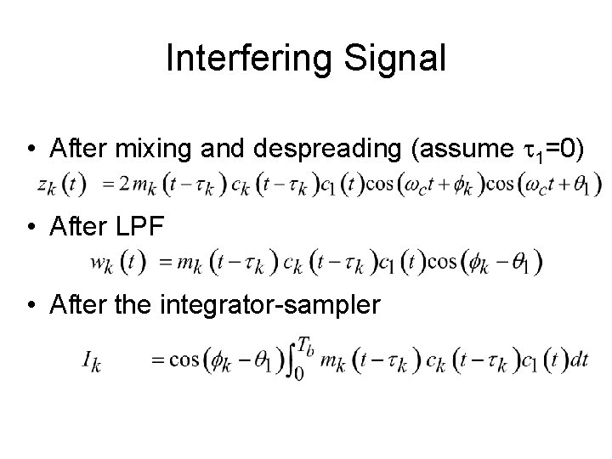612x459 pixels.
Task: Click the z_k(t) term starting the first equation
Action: click(x=62, y=184)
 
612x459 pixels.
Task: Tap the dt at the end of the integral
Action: click(x=580, y=360)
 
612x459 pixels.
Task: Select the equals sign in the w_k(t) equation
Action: click(x=166, y=261)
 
